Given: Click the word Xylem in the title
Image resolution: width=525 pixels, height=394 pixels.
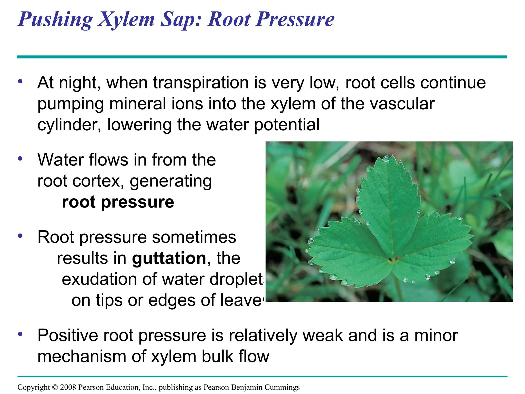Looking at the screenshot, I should pyautogui.click(x=126, y=19).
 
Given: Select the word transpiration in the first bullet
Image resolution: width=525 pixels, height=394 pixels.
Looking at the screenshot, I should pyautogui.click(x=201, y=83).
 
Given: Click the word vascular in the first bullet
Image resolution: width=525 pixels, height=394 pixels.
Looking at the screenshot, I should pyautogui.click(x=400, y=104).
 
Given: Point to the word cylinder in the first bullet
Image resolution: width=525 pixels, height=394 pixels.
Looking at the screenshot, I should pyautogui.click(x=69, y=125).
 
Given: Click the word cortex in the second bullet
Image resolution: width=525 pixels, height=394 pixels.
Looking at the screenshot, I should pyautogui.click(x=97, y=181).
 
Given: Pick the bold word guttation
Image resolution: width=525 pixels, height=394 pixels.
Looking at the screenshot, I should pyautogui.click(x=169, y=258).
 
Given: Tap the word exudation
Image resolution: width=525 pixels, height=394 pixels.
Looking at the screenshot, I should pyautogui.click(x=99, y=279).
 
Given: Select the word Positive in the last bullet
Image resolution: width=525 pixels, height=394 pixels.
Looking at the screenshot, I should pyautogui.click(x=68, y=336).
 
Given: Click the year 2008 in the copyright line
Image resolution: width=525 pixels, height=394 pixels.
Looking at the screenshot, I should pyautogui.click(x=68, y=387).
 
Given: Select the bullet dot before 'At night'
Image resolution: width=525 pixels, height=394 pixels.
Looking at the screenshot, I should pyautogui.click(x=20, y=82).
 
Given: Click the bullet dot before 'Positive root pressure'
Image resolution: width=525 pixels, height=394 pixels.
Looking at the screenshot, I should pyautogui.click(x=20, y=334).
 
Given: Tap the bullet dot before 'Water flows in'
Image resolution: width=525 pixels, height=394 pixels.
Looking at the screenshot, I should pyautogui.click(x=20, y=159).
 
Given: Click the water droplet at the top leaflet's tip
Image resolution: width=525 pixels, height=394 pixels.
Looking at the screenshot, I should pyautogui.click(x=386, y=159).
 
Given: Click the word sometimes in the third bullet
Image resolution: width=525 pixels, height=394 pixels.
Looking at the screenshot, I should pyautogui.click(x=194, y=237).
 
